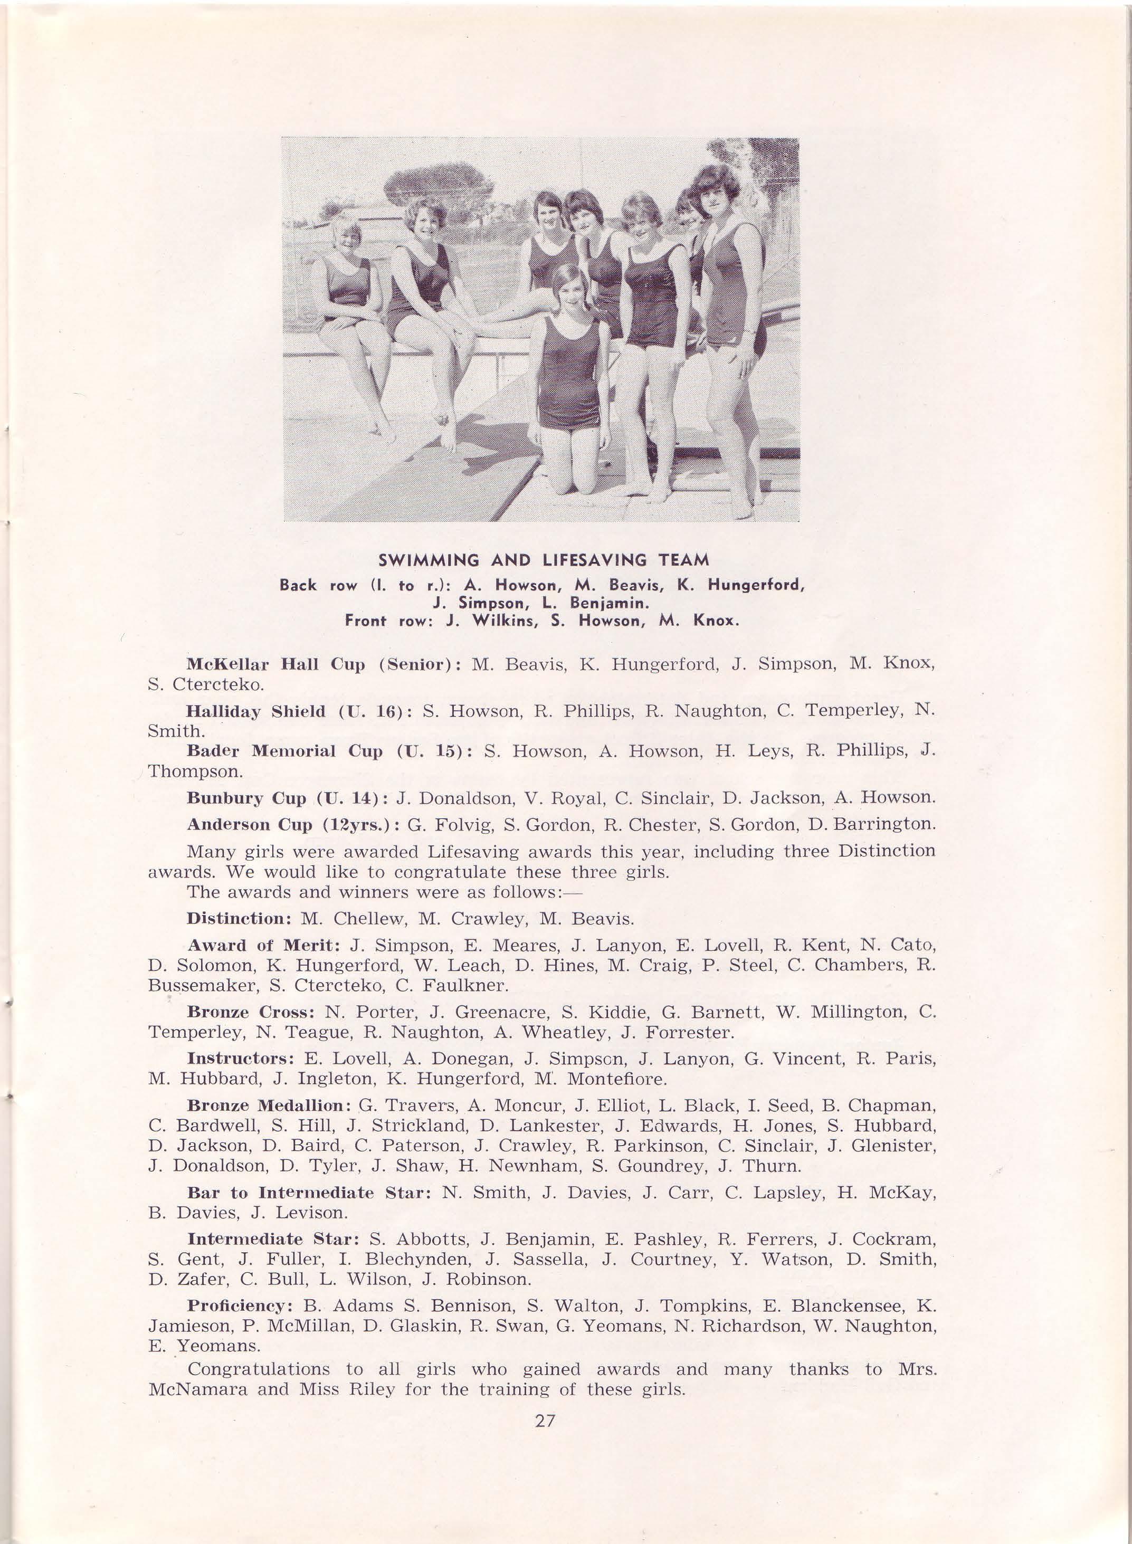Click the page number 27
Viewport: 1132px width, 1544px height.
click(x=545, y=1421)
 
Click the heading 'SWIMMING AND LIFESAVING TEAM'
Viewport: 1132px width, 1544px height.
click(x=544, y=560)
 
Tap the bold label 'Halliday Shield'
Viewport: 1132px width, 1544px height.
click(x=255, y=711)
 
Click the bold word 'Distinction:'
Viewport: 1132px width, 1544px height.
click(x=239, y=919)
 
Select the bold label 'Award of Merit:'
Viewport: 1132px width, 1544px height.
click(x=264, y=946)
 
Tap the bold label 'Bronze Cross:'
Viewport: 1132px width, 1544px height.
click(x=250, y=1013)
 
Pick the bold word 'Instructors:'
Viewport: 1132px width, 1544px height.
click(x=240, y=1059)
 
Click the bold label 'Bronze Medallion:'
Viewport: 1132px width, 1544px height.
click(x=269, y=1105)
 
